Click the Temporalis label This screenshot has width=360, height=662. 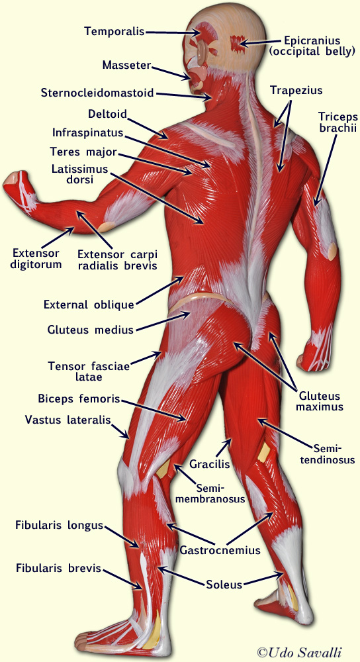(114, 31)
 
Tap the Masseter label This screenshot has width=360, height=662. (126, 65)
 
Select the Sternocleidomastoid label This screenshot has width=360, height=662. (97, 93)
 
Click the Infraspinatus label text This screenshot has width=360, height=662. (88, 132)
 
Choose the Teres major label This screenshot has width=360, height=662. (83, 151)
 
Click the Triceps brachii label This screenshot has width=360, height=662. (337, 122)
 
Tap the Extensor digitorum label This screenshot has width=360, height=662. (36, 259)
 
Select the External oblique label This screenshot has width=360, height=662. (89, 305)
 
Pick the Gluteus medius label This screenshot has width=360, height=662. (90, 329)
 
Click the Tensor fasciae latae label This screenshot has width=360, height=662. (89, 371)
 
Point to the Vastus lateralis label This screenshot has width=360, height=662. (67, 420)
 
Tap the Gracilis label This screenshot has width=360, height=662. (209, 465)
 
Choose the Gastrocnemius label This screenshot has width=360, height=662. (220, 550)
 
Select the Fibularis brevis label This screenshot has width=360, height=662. (59, 568)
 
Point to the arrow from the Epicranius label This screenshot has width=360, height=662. (260, 42)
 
